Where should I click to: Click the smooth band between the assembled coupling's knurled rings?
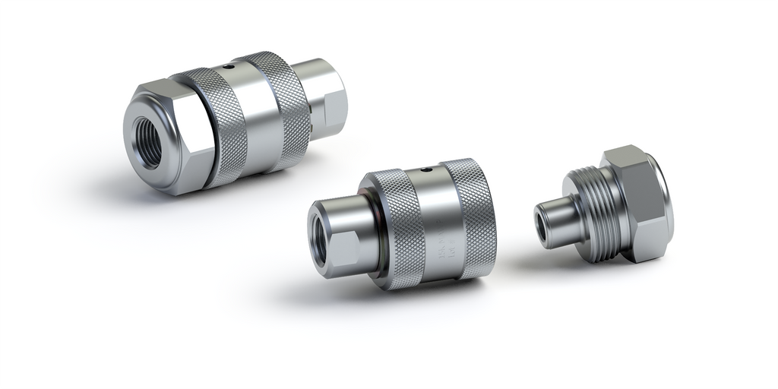click(x=255, y=114)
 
